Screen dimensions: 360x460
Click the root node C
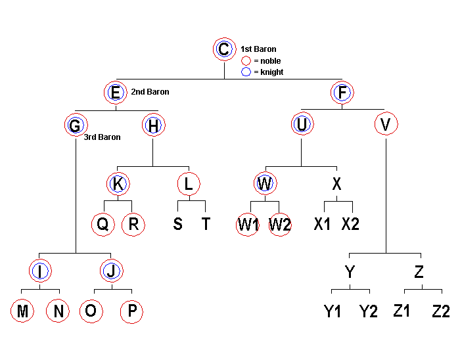click(224, 49)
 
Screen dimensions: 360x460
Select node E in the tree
click(115, 93)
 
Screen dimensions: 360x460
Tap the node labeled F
click(342, 93)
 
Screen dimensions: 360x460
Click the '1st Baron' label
click(258, 49)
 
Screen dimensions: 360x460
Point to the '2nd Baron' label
click(150, 92)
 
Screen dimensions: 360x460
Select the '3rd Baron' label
click(102, 137)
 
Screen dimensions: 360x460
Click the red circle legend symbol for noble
click(246, 61)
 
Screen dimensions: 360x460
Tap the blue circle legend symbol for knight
click(246, 72)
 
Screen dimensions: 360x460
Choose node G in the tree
click(76, 124)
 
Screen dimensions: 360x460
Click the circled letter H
click(153, 124)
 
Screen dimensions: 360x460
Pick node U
click(302, 124)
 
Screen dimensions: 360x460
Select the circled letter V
click(386, 124)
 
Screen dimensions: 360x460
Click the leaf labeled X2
click(351, 224)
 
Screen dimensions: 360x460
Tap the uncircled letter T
click(206, 224)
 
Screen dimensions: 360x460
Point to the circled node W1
click(248, 224)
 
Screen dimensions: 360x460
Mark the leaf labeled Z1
click(402, 311)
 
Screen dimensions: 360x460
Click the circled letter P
click(131, 311)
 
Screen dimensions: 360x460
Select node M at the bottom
click(23, 311)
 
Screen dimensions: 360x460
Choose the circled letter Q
click(103, 224)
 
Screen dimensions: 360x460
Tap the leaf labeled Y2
click(369, 311)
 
